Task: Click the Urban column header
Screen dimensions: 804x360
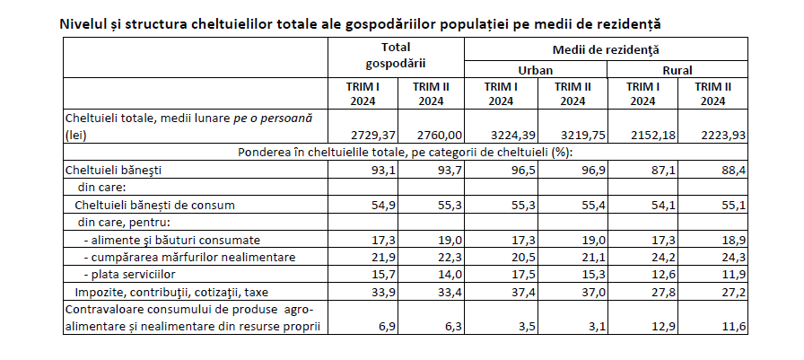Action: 535,70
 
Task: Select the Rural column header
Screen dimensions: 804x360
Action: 677,70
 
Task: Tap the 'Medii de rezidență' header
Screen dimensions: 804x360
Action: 606,49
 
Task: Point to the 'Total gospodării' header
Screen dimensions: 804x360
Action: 396,55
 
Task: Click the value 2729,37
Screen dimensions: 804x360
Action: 374,136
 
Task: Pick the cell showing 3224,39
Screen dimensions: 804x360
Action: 514,136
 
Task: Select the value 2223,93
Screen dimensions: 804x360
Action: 723,136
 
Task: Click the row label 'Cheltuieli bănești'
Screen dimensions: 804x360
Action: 113,171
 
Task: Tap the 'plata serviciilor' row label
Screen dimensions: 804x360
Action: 130,275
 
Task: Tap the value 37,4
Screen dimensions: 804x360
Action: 524,293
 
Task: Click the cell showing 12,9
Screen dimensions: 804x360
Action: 664,327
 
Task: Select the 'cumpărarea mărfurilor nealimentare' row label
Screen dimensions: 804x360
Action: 189,258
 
